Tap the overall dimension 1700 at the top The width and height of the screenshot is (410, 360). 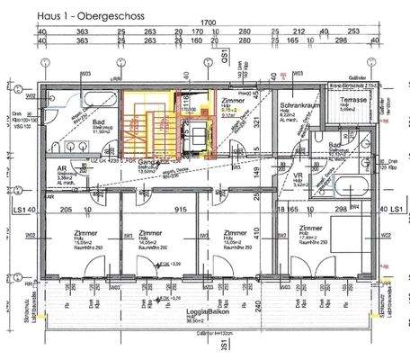[208, 22]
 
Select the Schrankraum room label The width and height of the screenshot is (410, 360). [293, 104]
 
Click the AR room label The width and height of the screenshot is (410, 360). [62, 168]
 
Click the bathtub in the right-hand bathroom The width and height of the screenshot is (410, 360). [351, 187]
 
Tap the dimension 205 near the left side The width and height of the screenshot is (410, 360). [66, 209]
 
